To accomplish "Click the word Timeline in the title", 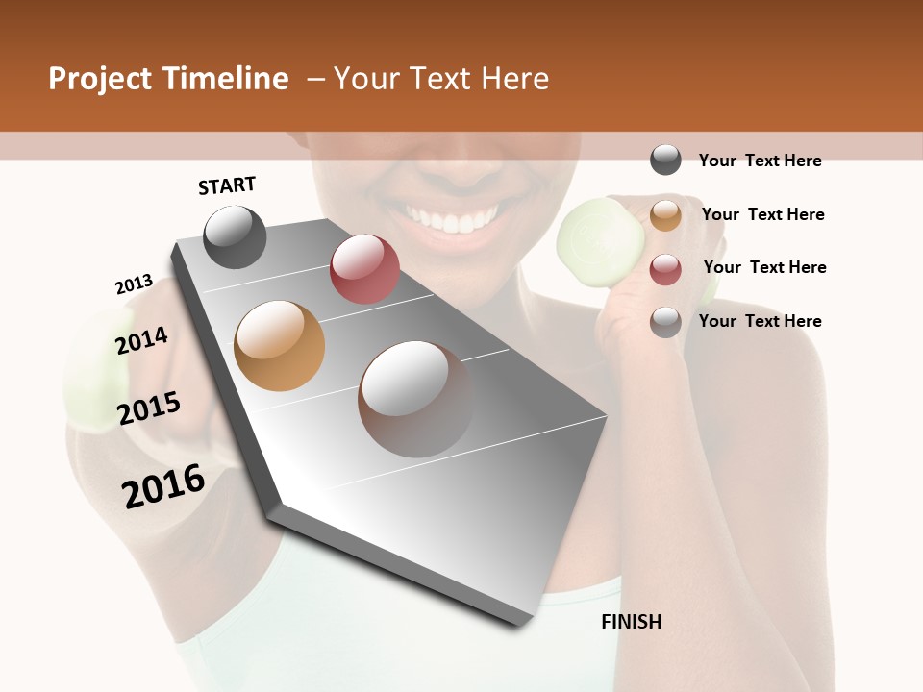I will tap(229, 79).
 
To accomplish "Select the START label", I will tap(227, 185).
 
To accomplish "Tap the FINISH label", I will tap(631, 622).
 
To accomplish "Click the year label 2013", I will tap(134, 284).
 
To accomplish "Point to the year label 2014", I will tap(141, 340).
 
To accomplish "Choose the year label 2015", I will tap(149, 408).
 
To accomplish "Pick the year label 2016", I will tap(163, 485).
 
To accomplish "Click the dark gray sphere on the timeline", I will tap(236, 236).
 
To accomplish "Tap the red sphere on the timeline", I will tap(364, 268).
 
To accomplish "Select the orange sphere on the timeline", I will tap(280, 345).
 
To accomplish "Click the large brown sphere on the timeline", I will tap(415, 399).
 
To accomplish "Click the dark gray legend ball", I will tap(665, 161).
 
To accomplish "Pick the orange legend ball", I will tap(665, 214).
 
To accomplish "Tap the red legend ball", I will tap(665, 268).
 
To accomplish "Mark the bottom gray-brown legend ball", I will tap(665, 322).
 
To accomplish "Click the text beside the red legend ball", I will tap(764, 267).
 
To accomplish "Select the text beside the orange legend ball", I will tap(762, 214).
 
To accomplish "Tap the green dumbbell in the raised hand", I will tap(592, 230).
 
